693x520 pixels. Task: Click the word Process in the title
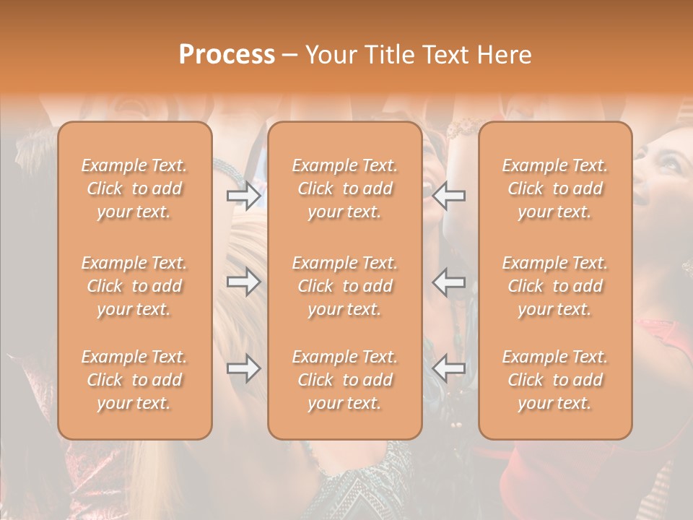point(227,54)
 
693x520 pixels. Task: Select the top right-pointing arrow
point(243,195)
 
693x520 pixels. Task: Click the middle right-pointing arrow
point(243,282)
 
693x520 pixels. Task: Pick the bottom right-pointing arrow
point(243,368)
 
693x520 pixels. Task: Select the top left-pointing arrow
point(449,195)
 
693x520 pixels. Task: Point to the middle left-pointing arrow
point(449,282)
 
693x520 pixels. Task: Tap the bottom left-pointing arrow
point(449,368)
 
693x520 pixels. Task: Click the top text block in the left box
point(134,188)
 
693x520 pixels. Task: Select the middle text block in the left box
point(134,286)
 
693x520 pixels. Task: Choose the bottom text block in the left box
point(134,380)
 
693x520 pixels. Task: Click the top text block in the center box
point(344,188)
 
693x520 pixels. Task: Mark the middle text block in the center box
point(344,286)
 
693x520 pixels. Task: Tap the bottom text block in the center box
point(344,380)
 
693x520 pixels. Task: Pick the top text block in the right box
point(554,188)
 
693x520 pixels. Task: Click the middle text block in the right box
point(554,286)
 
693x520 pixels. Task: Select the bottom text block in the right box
point(554,380)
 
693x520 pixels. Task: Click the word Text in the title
point(445,54)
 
